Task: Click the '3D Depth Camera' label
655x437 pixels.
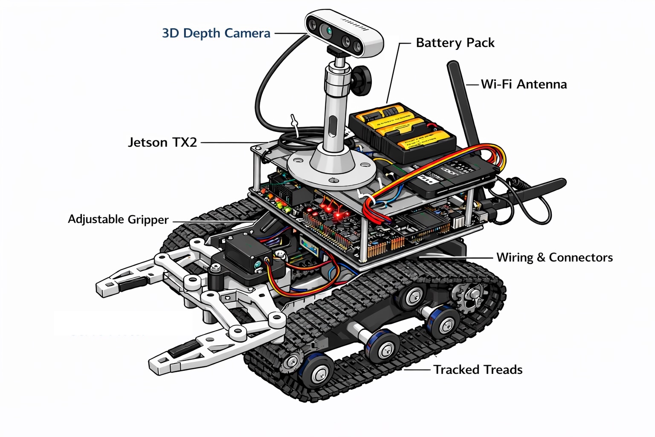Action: point(216,33)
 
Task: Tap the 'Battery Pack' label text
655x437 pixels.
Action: point(455,43)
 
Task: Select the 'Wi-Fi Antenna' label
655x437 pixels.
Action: point(524,84)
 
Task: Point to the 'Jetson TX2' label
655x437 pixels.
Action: point(162,142)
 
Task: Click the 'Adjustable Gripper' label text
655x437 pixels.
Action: point(118,219)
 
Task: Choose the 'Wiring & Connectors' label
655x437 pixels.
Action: point(554,257)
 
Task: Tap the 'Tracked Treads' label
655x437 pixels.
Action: point(478,370)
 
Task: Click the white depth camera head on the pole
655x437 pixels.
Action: point(345,33)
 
